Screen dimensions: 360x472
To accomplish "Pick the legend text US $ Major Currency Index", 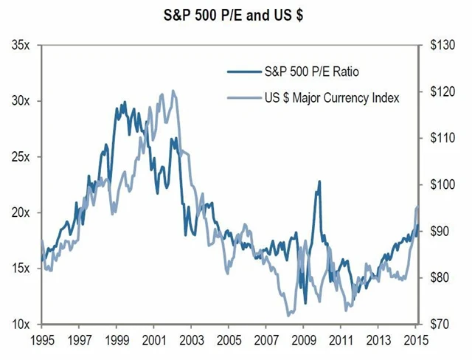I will click(331, 97).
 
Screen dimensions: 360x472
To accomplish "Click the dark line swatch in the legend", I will click(243, 72).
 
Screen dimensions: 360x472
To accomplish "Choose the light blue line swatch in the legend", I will click(243, 97).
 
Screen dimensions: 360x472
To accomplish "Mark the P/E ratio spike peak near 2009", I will click(319, 181).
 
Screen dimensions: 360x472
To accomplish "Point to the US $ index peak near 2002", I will click(173, 91).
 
